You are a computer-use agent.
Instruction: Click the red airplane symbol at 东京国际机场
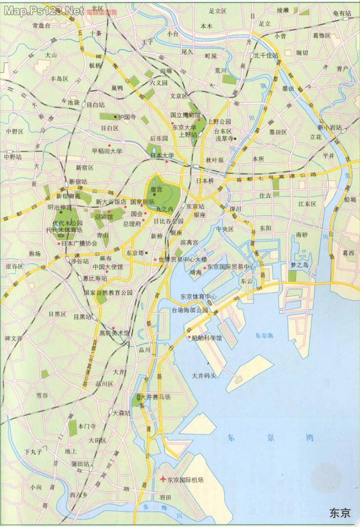163,479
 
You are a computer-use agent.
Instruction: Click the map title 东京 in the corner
340,513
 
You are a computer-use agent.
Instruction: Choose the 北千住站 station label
266,55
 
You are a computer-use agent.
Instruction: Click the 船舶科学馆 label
207,337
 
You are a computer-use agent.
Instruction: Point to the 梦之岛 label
300,264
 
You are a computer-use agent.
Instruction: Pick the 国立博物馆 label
185,116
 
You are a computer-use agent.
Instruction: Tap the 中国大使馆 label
107,267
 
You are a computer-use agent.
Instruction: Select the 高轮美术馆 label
115,333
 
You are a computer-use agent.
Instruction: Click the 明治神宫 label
59,206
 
